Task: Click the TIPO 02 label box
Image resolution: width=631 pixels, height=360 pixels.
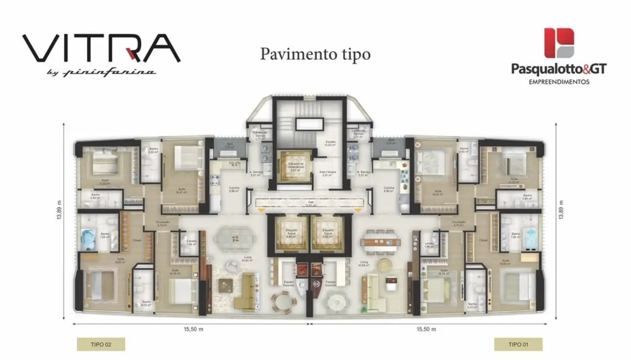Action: [100, 344]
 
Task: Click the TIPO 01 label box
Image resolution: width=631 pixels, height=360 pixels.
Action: [518, 344]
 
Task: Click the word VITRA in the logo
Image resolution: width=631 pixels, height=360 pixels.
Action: [101, 49]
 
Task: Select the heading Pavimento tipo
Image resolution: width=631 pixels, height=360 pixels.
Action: [315, 54]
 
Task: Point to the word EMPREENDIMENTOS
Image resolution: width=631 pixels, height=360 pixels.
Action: [558, 81]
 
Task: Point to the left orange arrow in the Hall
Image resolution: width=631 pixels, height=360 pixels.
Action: [261, 209]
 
